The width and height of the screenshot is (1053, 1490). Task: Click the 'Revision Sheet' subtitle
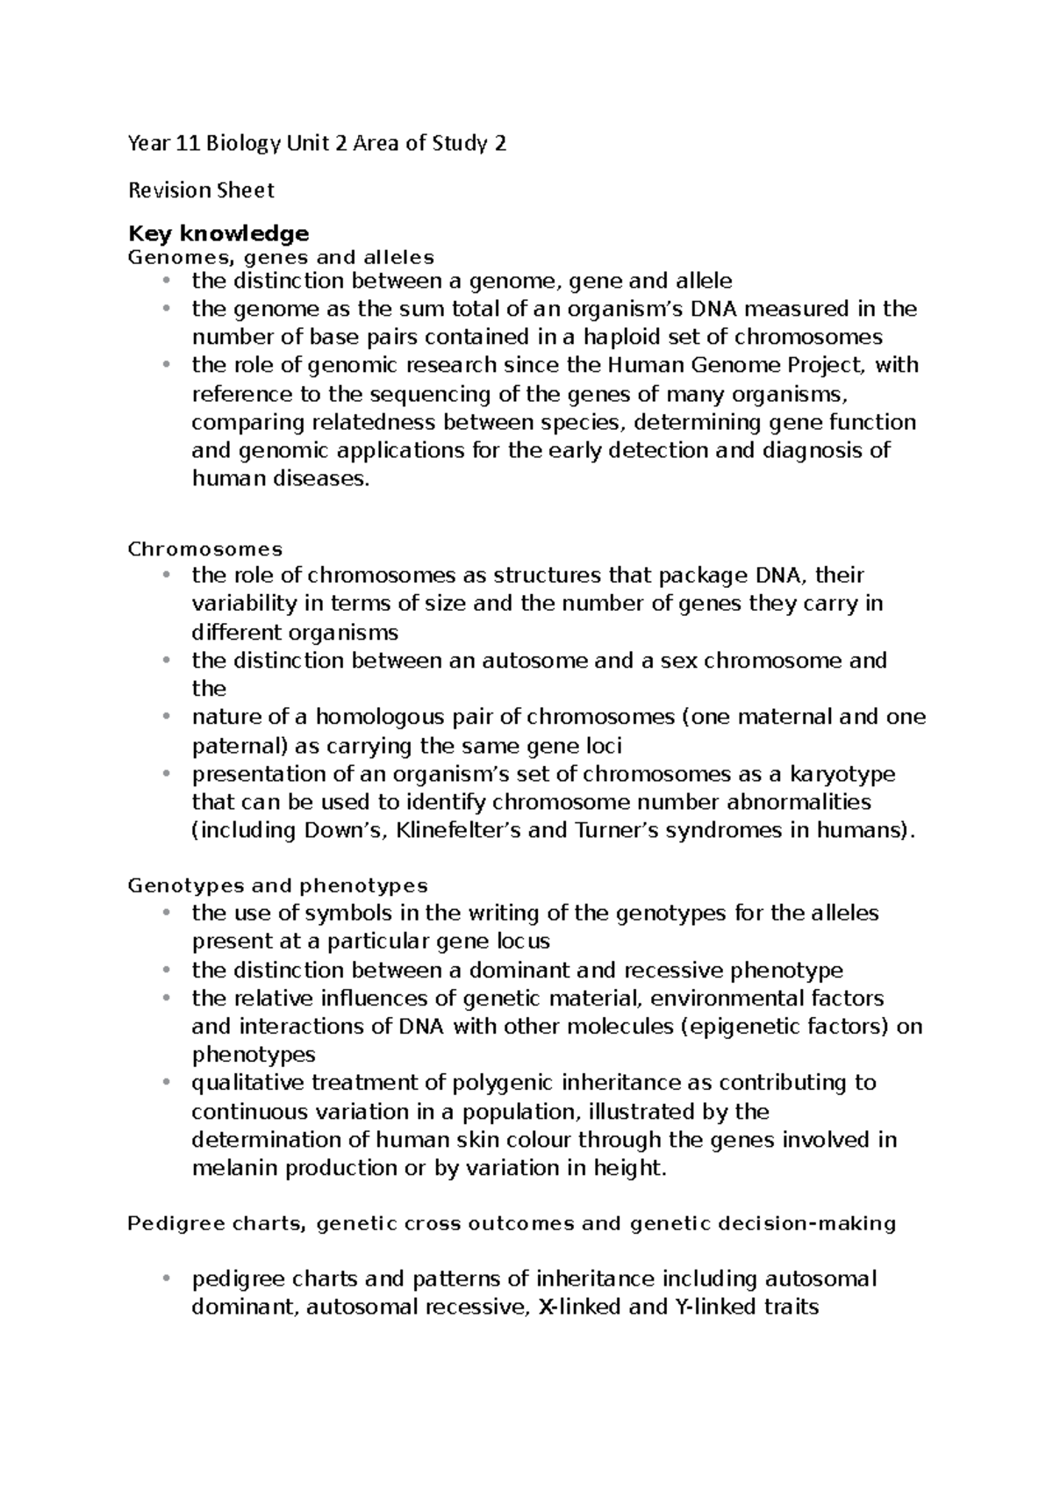tap(201, 190)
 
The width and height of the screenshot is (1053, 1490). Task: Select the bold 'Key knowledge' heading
tap(218, 233)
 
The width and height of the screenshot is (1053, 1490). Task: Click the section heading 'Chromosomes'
tap(205, 549)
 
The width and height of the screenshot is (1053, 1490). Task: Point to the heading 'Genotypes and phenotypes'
tap(277, 885)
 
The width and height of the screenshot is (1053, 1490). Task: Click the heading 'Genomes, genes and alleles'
tap(281, 258)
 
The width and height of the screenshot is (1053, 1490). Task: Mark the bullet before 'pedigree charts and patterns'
tap(165, 1279)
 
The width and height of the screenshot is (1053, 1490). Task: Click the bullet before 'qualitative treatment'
tap(165, 1083)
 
